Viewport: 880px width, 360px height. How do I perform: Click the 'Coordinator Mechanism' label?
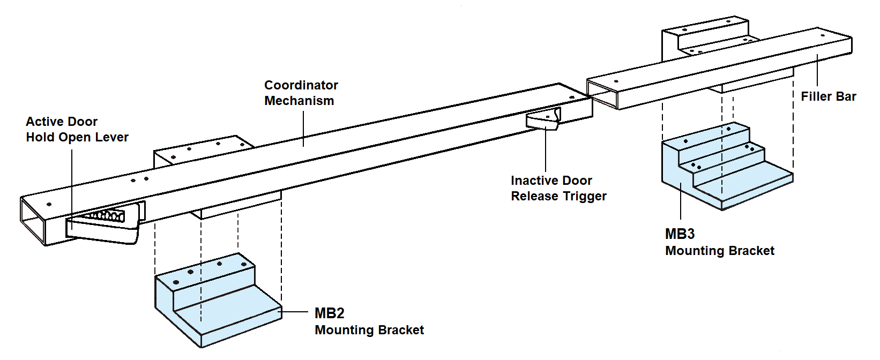pyautogui.click(x=301, y=93)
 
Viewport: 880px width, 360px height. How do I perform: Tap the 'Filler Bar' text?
pyautogui.click(x=828, y=96)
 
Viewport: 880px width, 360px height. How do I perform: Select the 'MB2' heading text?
pyautogui.click(x=329, y=313)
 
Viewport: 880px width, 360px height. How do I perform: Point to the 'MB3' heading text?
pyautogui.click(x=680, y=234)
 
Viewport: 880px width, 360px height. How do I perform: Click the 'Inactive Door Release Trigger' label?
pyautogui.click(x=558, y=188)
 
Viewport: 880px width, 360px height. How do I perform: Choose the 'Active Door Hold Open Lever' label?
pyautogui.click(x=77, y=129)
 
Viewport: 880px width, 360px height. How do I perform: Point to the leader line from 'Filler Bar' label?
pyautogui.click(x=817, y=72)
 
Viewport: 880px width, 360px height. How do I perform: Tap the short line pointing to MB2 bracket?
pyautogui.click(x=295, y=312)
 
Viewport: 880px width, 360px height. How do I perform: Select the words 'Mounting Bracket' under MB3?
pyautogui.click(x=719, y=251)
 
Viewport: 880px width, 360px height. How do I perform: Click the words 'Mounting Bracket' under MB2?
pyautogui.click(x=369, y=330)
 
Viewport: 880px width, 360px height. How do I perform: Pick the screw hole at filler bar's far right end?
pyautogui.click(x=823, y=36)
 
